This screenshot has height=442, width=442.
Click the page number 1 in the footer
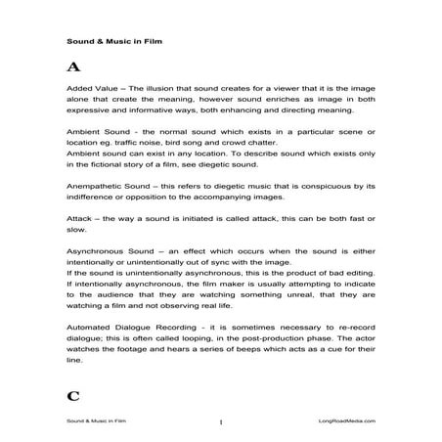(x=222, y=420)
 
